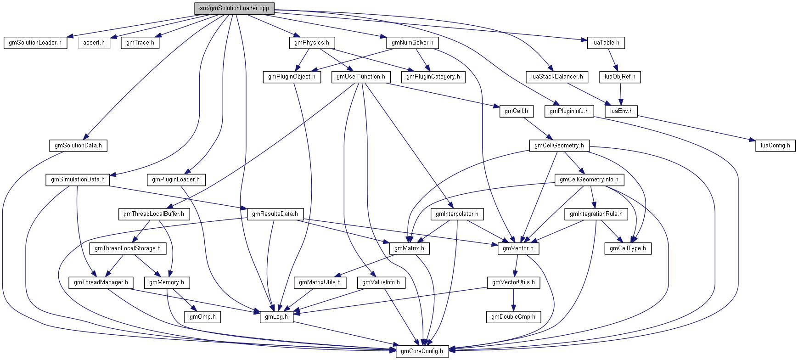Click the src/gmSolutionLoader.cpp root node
(234, 8)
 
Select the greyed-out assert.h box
(94, 43)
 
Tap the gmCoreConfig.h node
(422, 351)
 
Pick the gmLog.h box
(276, 317)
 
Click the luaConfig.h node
(775, 146)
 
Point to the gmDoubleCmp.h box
(513, 317)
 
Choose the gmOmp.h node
(202, 317)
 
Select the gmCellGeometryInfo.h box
(589, 180)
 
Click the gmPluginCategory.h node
(433, 77)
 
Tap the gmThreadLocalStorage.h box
(127, 248)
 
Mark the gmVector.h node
(518, 248)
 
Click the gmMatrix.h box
(409, 248)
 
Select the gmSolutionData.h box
(78, 146)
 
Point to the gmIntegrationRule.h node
(596, 214)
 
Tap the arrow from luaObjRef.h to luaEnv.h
(621, 94)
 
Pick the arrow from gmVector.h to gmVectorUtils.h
(516, 265)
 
